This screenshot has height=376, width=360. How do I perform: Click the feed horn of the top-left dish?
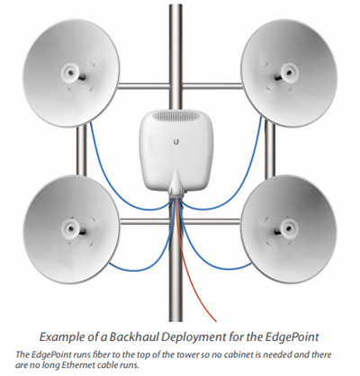point(71,72)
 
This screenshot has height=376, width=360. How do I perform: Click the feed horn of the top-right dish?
point(288,73)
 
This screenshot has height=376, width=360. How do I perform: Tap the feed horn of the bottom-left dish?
point(71,229)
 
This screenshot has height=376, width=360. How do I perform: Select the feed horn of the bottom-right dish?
point(288,228)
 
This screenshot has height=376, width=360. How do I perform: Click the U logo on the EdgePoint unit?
point(178,141)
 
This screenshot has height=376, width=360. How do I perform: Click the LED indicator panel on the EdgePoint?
point(151,142)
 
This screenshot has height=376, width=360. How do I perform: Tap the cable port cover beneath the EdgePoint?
point(176,185)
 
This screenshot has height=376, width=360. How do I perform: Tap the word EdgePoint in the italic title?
point(292,337)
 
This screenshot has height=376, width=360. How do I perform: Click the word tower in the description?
point(190,355)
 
